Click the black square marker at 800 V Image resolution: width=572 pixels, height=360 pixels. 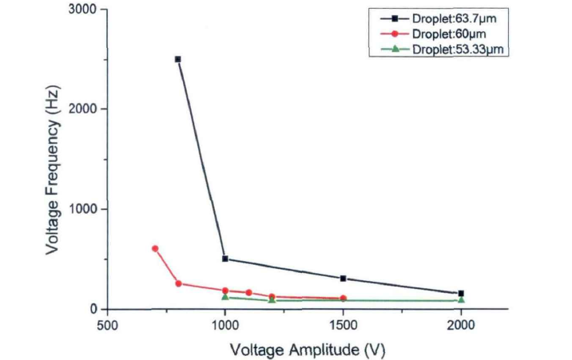click(x=177, y=59)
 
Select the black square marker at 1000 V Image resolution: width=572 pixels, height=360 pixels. click(x=225, y=259)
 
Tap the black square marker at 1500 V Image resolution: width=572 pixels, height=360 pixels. click(x=343, y=279)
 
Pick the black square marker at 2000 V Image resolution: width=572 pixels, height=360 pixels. click(x=461, y=294)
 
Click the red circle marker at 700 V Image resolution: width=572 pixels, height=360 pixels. click(x=155, y=248)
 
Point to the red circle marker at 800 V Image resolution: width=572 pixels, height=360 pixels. click(x=178, y=283)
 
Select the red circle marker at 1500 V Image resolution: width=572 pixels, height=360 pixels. click(x=343, y=299)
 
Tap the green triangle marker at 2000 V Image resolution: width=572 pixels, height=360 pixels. click(x=461, y=300)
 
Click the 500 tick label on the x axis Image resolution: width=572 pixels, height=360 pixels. click(x=107, y=326)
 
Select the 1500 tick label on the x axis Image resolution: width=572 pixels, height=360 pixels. click(x=343, y=326)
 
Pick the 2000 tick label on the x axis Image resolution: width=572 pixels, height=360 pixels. click(x=461, y=326)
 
